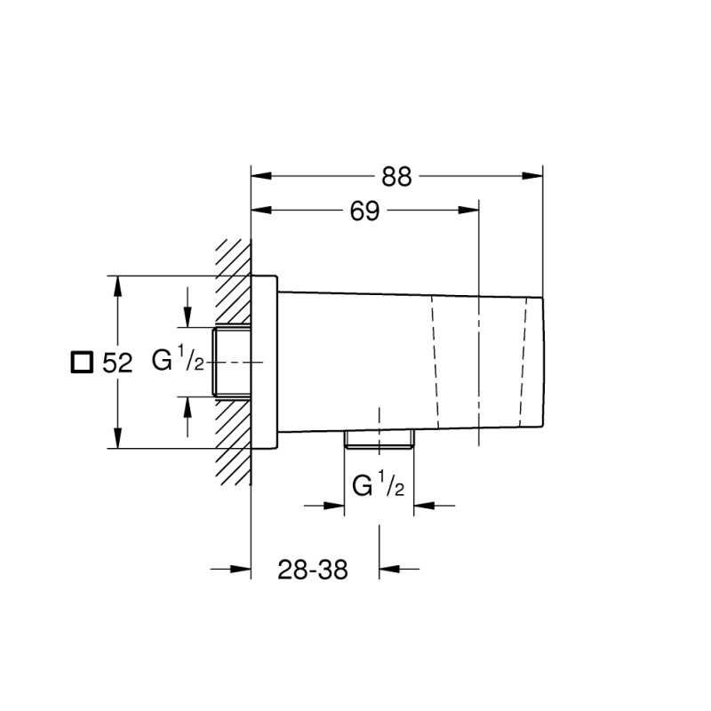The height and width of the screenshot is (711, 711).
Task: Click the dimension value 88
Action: (397, 177)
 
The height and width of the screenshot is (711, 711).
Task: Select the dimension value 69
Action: (364, 212)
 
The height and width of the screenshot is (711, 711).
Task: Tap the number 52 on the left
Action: (117, 363)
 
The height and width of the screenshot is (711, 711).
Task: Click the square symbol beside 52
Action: (82, 363)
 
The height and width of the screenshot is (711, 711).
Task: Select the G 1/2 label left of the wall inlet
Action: (179, 362)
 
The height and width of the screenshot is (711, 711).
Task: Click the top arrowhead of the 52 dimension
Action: (118, 284)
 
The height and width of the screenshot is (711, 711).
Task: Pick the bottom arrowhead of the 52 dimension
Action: (118, 439)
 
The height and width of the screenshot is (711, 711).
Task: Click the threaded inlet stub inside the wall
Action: (233, 363)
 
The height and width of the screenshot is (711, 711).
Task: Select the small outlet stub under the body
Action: (379, 440)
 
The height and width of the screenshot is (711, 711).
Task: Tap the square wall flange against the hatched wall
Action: (265, 363)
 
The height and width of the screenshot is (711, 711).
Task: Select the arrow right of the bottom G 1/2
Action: (424, 506)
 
